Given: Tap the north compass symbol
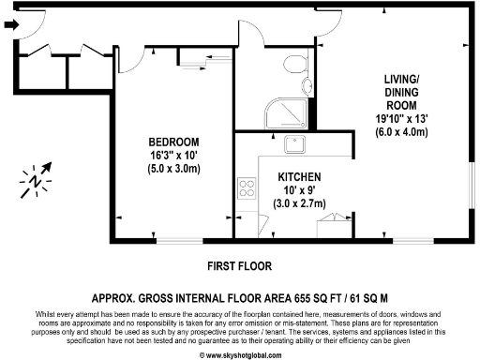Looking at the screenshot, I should (x=35, y=179).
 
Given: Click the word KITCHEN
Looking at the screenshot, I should (x=300, y=177).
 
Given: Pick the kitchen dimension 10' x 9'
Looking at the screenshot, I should (x=300, y=190).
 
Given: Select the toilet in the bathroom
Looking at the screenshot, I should (x=293, y=65).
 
